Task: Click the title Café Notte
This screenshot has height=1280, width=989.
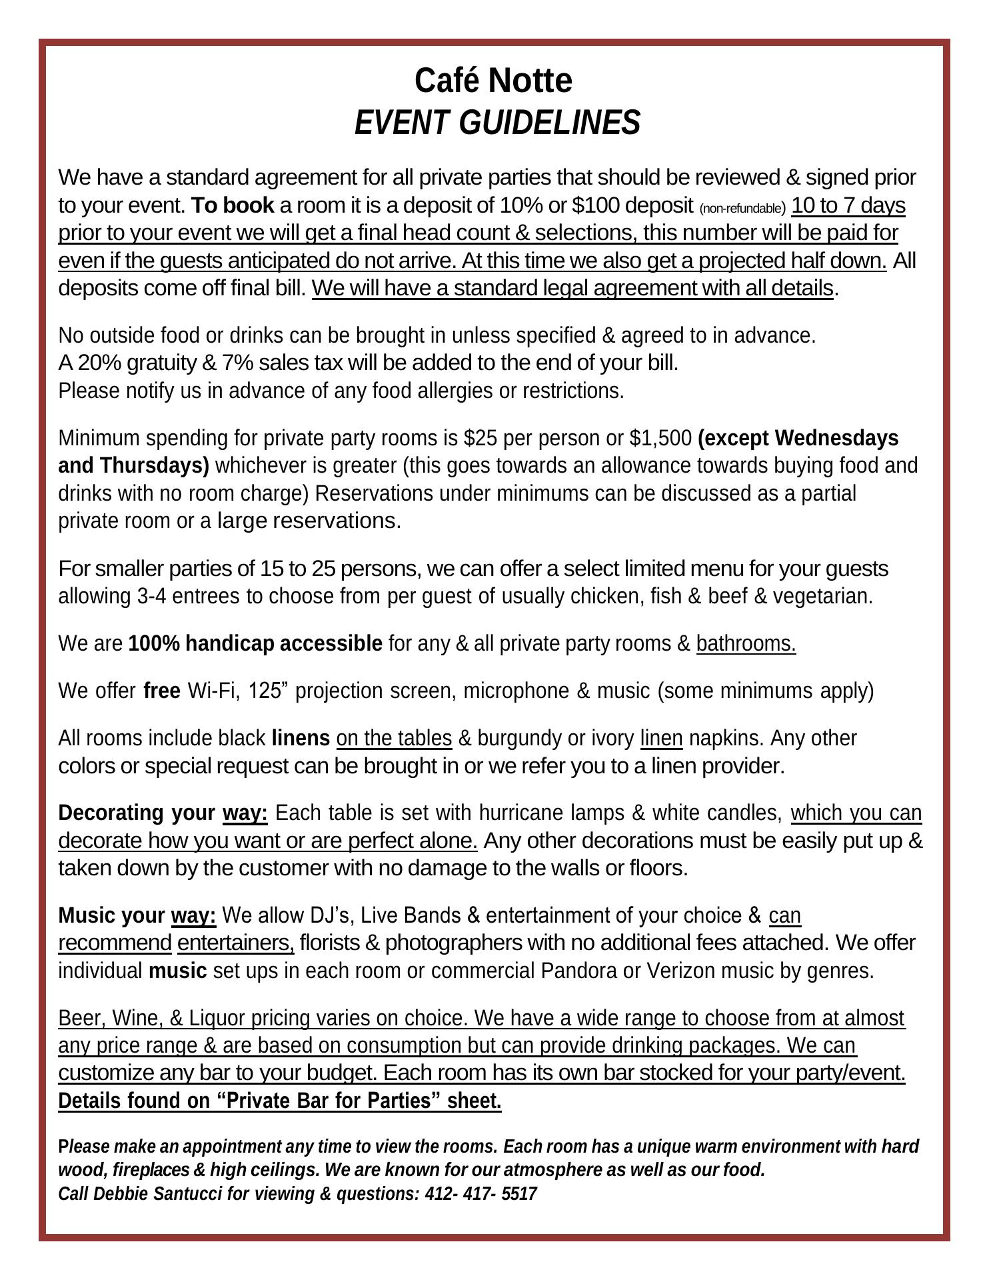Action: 493,81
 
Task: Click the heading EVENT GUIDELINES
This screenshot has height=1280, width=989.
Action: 496,123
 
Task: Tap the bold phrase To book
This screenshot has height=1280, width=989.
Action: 233,205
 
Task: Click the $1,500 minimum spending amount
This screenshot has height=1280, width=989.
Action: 660,438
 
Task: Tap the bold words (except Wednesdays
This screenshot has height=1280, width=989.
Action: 798,438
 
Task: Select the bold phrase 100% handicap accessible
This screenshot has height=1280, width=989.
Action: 255,643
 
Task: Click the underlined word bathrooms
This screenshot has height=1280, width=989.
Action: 746,643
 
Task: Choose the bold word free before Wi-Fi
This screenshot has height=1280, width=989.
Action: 162,691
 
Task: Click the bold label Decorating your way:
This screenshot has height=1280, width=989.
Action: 163,813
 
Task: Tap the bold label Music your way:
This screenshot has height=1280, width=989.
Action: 137,915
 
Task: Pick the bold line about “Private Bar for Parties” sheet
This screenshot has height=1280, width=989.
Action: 280,1101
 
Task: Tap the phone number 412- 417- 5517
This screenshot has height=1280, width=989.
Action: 481,1193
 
